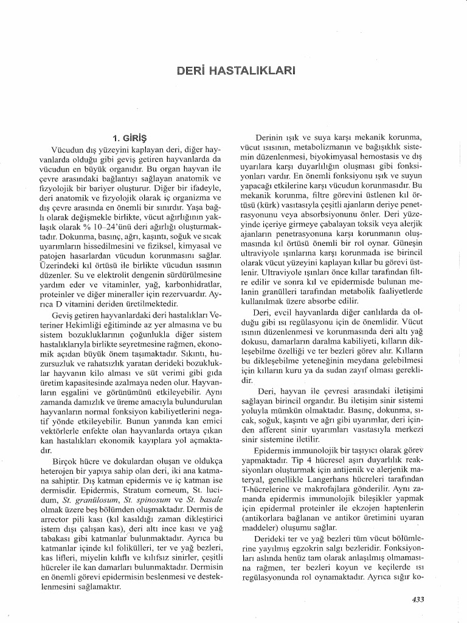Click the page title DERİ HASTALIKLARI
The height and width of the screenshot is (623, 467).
point(233,71)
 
